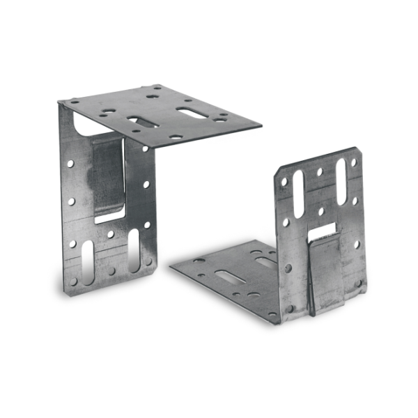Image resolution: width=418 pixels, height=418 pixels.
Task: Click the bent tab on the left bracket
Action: [108, 174]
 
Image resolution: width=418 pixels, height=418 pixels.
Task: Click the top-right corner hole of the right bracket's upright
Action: [353, 161]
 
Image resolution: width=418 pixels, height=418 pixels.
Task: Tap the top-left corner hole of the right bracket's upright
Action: [284, 182]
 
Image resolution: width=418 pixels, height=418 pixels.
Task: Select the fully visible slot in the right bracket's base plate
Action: [230, 277]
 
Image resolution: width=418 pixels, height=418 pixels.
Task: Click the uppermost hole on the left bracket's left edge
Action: [70, 164]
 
